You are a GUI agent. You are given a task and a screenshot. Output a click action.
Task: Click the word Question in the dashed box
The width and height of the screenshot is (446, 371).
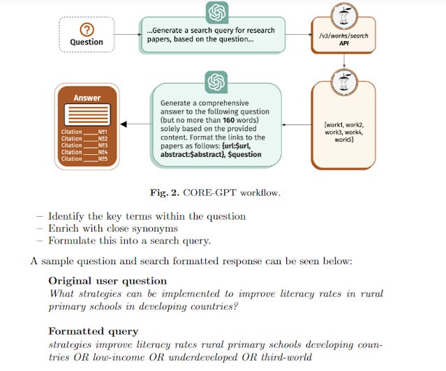click(87, 42)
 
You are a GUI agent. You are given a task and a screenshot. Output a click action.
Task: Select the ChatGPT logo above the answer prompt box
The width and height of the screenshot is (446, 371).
click(216, 82)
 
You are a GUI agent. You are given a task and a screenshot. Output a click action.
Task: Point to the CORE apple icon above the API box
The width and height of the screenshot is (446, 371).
click(344, 13)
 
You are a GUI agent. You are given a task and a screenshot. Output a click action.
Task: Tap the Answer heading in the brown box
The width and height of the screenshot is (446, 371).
click(87, 98)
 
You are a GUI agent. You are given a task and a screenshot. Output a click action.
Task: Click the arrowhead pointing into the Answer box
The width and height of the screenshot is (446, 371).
click(124, 125)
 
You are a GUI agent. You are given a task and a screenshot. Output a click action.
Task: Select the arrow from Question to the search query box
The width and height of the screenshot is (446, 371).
click(126, 33)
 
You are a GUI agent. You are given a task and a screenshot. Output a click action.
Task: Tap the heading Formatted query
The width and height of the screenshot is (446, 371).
click(93, 331)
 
